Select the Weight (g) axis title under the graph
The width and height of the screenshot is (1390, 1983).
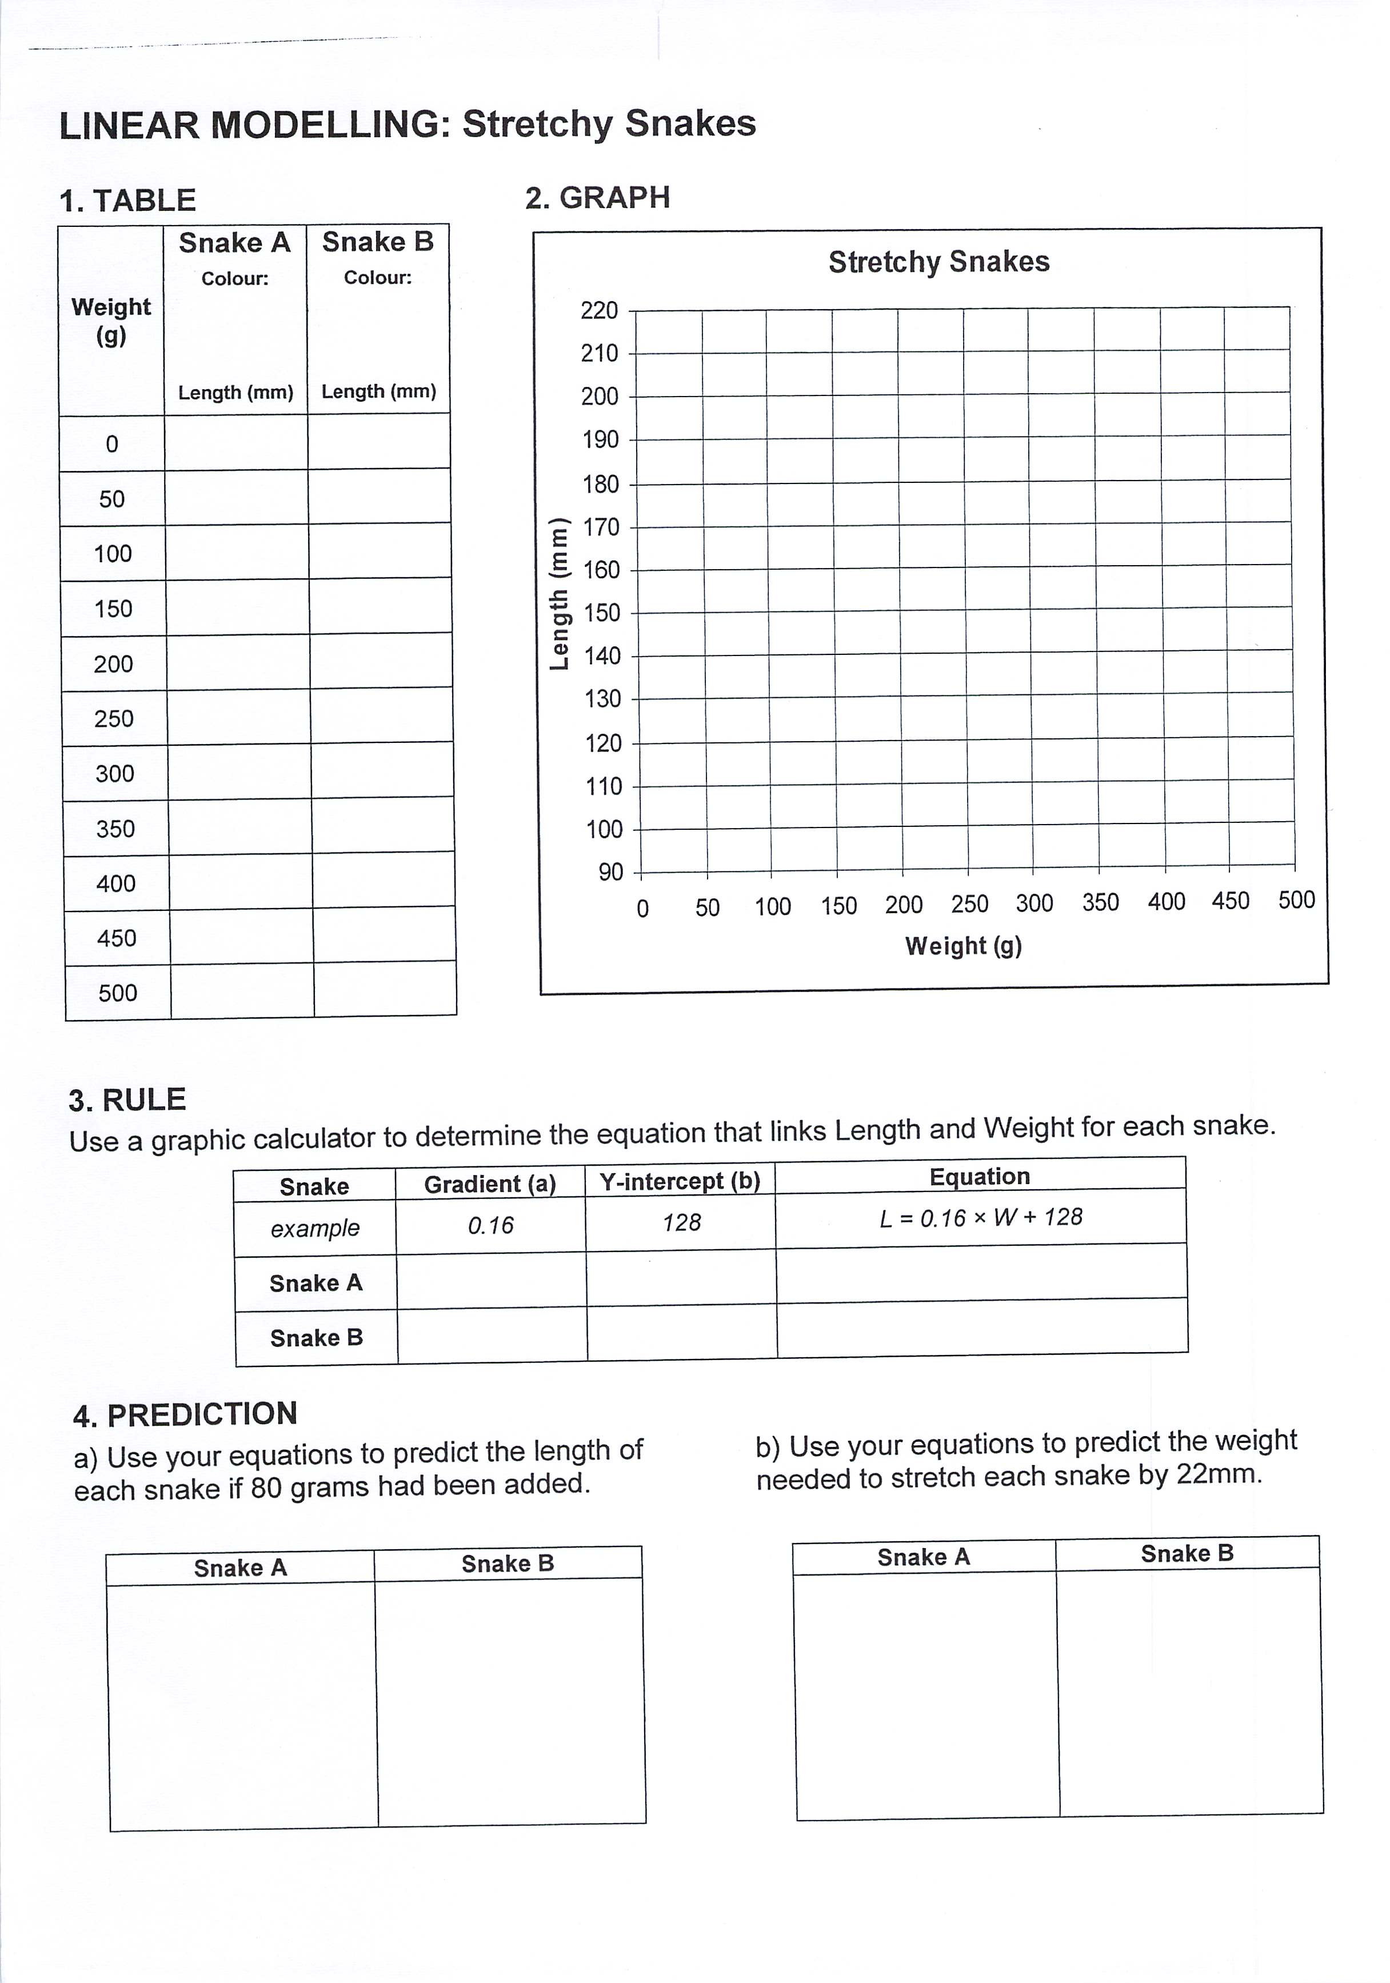click(963, 946)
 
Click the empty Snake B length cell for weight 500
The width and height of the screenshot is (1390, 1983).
click(385, 990)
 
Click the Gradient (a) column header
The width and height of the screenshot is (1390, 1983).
click(490, 1184)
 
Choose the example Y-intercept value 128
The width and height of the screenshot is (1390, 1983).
click(682, 1223)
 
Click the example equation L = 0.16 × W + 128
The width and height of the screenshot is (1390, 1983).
click(981, 1218)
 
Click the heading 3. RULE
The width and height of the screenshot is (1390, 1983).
click(127, 1100)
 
